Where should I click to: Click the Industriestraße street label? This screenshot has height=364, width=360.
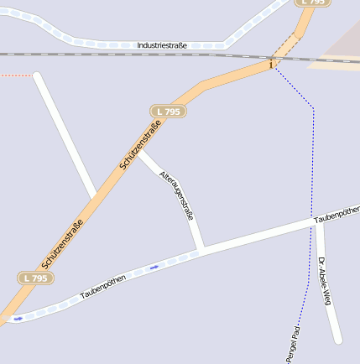(162, 44)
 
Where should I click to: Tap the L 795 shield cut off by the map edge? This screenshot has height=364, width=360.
(311, 3)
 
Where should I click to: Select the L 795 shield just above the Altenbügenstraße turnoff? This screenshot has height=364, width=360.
(168, 111)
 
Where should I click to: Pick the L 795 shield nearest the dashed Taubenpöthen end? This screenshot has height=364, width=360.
(34, 278)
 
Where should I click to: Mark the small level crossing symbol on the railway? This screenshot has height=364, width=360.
(271, 64)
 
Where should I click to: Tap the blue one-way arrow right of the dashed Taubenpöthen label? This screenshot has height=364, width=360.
(154, 268)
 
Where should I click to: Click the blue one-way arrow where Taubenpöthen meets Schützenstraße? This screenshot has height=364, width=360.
(18, 318)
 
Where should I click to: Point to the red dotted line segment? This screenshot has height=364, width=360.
(16, 75)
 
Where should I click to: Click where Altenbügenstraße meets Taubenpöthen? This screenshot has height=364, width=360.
(201, 250)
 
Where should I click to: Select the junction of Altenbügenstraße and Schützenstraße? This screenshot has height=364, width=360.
(138, 150)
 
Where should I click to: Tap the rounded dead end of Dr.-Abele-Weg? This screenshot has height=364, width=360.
(337, 340)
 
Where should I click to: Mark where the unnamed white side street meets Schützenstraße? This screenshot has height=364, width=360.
(94, 198)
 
